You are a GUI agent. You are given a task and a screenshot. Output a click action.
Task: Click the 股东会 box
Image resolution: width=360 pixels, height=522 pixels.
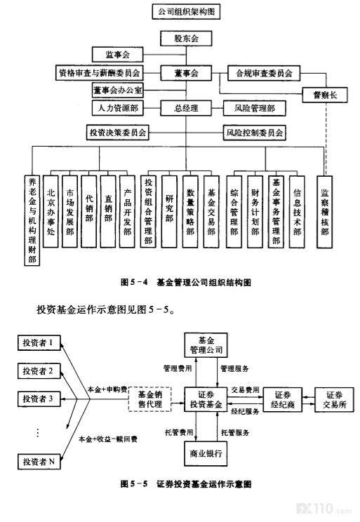[186, 39]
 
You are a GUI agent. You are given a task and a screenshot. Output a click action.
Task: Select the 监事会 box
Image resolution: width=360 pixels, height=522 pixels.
[118, 54]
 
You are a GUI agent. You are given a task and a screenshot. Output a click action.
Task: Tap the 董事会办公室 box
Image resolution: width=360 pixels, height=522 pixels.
[118, 91]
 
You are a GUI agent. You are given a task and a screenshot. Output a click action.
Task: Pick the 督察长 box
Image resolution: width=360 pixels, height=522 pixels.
[325, 95]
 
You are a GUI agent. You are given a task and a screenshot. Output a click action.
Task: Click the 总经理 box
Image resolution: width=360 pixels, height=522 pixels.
[186, 108]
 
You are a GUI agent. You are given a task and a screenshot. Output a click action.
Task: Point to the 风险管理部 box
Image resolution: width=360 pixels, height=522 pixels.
[255, 108]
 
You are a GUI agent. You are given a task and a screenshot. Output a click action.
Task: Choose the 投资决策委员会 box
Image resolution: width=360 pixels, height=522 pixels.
[118, 133]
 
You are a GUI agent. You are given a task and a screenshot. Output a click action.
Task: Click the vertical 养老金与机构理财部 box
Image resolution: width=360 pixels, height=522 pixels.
[32, 220]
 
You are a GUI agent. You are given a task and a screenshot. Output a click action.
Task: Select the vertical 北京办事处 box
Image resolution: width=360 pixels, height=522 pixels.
[51, 211]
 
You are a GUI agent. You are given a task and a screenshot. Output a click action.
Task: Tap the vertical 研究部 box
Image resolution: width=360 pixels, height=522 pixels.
[169, 211]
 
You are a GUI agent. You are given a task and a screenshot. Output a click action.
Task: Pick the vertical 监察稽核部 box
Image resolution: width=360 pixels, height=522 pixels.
[325, 211]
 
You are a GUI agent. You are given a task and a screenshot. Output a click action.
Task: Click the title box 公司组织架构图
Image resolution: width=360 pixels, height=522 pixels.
[186, 12]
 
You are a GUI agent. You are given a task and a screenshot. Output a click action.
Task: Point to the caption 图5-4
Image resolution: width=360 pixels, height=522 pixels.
[134, 282]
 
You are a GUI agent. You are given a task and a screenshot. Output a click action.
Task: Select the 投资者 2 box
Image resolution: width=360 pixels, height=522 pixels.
[39, 371]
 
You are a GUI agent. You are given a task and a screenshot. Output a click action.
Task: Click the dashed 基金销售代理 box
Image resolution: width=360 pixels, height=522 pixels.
[150, 399]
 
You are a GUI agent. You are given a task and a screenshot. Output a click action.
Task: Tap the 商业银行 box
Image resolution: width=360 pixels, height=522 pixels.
[206, 453]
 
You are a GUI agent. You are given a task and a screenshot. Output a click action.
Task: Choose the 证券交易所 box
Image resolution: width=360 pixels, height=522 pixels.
[334, 399]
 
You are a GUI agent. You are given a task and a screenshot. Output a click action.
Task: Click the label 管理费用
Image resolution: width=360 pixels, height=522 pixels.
[178, 368]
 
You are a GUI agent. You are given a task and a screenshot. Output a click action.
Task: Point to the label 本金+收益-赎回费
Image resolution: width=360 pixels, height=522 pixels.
[108, 439]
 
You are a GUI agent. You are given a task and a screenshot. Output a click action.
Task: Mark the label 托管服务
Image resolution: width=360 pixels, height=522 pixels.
[235, 432]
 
